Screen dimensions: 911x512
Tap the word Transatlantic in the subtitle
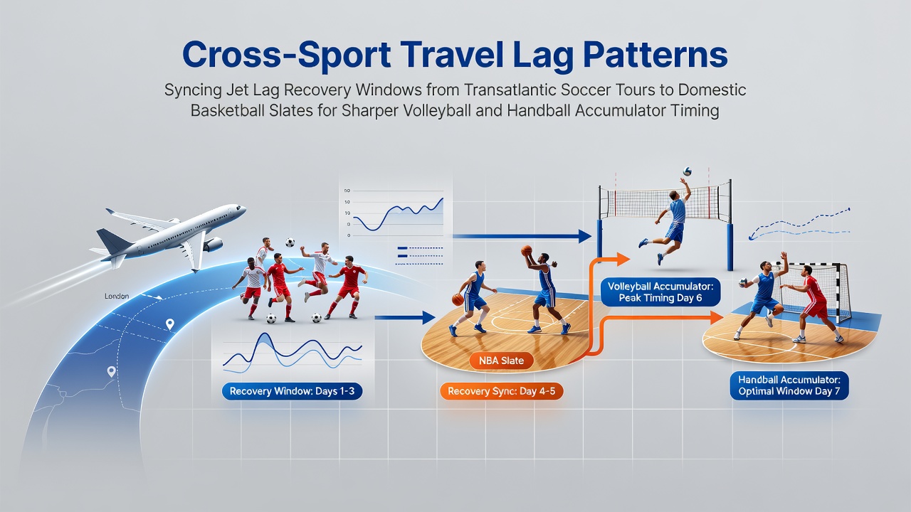[x=507, y=90]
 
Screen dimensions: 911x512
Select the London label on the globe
[x=117, y=297]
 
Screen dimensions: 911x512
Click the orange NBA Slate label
[x=501, y=361]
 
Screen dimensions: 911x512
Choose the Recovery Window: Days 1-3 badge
[x=292, y=391]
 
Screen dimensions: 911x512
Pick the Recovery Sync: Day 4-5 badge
[x=502, y=391]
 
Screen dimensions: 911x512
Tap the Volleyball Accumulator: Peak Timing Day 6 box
[x=660, y=292]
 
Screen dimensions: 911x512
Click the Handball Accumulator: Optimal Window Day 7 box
[x=789, y=385]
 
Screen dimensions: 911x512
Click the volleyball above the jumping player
[x=688, y=171]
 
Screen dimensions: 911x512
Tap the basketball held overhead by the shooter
[x=527, y=250]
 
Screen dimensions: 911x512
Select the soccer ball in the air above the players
[x=290, y=242]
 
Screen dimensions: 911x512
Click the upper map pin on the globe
[x=170, y=324]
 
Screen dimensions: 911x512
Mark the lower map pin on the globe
[x=111, y=371]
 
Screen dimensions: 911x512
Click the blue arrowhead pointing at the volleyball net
[x=585, y=236]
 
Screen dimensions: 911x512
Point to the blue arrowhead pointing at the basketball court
[x=429, y=317]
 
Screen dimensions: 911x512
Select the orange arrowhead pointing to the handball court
[x=717, y=317]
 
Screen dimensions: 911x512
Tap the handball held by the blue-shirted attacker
[x=742, y=282]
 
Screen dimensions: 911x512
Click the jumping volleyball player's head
[x=673, y=195]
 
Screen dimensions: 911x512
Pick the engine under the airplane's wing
[x=213, y=245]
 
